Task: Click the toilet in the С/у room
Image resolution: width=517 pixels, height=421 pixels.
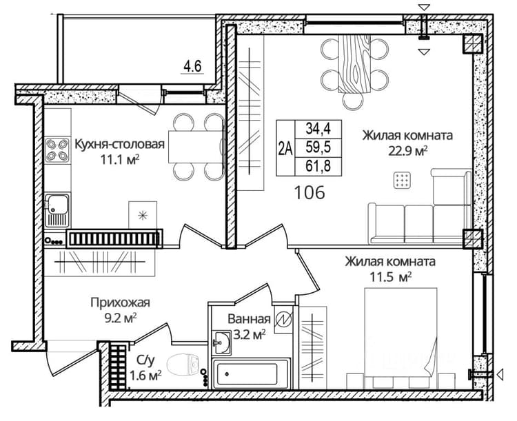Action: tap(183, 365)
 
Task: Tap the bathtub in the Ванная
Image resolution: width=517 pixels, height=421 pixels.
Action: tap(251, 374)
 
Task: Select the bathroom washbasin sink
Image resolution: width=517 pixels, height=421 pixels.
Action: tap(221, 343)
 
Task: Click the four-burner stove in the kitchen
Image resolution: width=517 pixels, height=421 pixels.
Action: tap(57, 150)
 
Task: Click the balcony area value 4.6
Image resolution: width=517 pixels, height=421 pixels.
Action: tap(192, 67)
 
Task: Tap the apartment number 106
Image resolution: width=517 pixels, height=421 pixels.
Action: tap(310, 192)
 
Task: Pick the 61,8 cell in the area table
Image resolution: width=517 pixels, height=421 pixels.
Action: tap(318, 166)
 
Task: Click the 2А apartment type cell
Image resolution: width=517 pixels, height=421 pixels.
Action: tap(285, 147)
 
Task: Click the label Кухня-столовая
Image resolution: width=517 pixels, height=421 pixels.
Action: tap(120, 144)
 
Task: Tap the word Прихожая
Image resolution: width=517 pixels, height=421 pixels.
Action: tap(121, 302)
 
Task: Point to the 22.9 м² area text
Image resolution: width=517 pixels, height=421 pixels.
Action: tap(408, 152)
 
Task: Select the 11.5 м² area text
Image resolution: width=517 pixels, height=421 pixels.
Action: tap(390, 277)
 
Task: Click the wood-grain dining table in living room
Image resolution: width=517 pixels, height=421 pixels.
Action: tap(354, 64)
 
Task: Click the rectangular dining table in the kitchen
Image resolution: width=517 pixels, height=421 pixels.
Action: tap(196, 147)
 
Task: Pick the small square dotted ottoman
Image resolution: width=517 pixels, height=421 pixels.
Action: tap(403, 181)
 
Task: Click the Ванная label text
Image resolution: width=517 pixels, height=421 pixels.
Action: tap(249, 319)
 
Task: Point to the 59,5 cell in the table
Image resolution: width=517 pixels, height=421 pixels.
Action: tap(318, 147)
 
